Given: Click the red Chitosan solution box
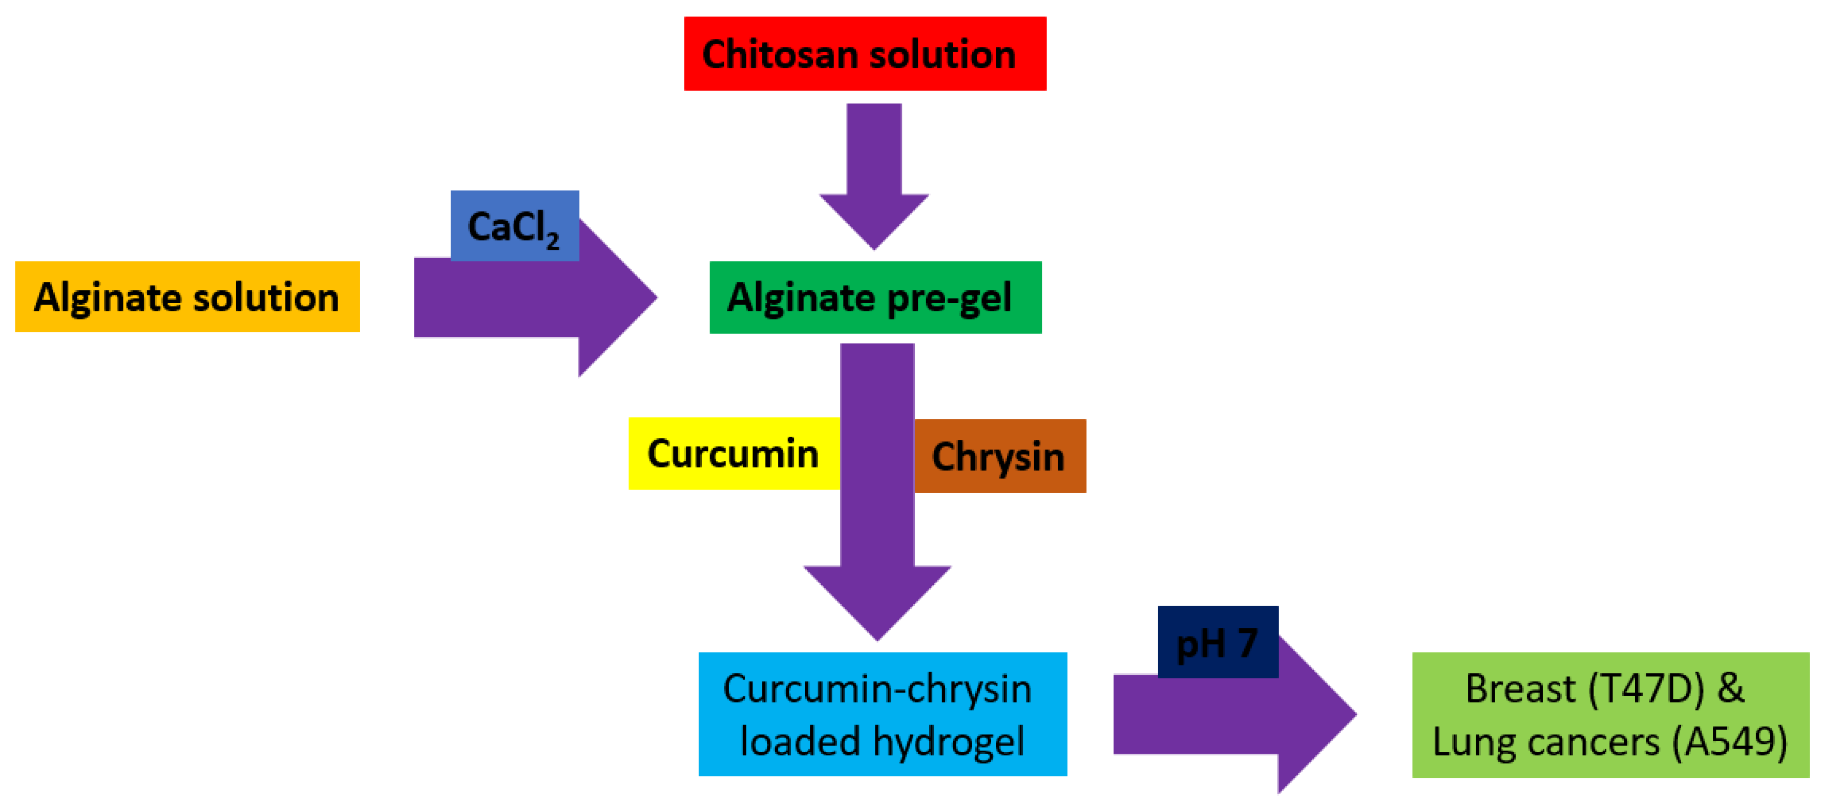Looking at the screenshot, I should coord(865,54).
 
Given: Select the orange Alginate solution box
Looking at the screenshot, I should coord(187,296).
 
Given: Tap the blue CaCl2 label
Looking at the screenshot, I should coord(514,226).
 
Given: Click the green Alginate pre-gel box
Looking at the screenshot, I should coord(875,297).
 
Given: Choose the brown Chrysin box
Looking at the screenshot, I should coord(999,456).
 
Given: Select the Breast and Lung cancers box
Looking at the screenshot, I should coord(1610,715).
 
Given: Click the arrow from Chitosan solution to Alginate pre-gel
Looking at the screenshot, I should coord(874,177).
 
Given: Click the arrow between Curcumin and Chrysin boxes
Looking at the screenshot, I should coord(877,495).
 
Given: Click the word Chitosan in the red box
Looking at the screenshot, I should coord(779,54).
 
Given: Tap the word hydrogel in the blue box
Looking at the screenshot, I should coord(948,741).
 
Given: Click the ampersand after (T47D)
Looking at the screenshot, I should coord(1730,688).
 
